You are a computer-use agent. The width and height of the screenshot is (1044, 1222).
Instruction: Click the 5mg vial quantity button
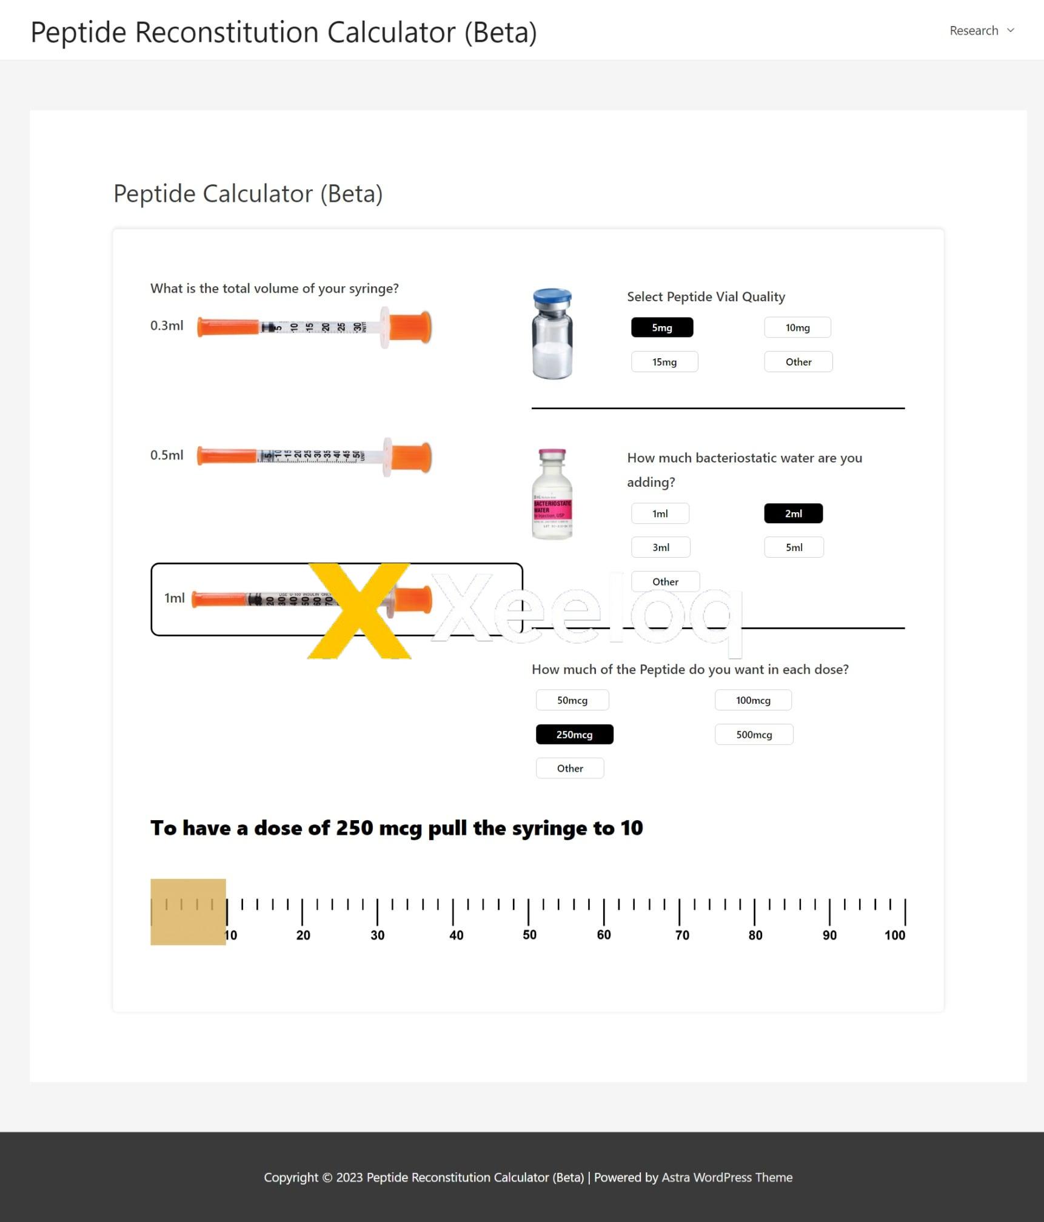click(661, 327)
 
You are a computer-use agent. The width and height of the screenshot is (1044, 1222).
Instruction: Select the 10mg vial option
click(797, 327)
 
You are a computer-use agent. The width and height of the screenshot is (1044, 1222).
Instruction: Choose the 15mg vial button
click(664, 362)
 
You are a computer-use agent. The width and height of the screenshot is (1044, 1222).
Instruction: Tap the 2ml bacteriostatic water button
click(792, 513)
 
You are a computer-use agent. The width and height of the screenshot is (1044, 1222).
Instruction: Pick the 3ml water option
click(660, 547)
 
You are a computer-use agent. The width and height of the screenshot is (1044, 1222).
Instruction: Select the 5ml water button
click(793, 547)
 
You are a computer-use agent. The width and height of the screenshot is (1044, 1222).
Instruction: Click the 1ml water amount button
click(660, 513)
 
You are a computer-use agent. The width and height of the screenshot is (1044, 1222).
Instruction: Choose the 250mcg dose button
click(574, 734)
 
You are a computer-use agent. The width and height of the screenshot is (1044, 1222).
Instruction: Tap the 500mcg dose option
click(753, 734)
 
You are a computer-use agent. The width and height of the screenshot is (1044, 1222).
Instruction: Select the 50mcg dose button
click(572, 700)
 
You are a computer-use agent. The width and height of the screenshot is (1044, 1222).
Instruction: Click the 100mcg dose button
click(752, 700)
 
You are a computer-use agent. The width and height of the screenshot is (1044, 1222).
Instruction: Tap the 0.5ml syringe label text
click(167, 455)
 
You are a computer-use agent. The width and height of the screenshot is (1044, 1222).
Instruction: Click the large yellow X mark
click(360, 610)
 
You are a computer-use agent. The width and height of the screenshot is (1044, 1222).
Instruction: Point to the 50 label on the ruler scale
click(529, 935)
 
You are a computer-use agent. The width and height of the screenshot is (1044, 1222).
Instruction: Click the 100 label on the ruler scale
click(894, 935)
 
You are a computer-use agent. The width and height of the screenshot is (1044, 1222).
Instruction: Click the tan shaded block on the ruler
click(188, 912)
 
